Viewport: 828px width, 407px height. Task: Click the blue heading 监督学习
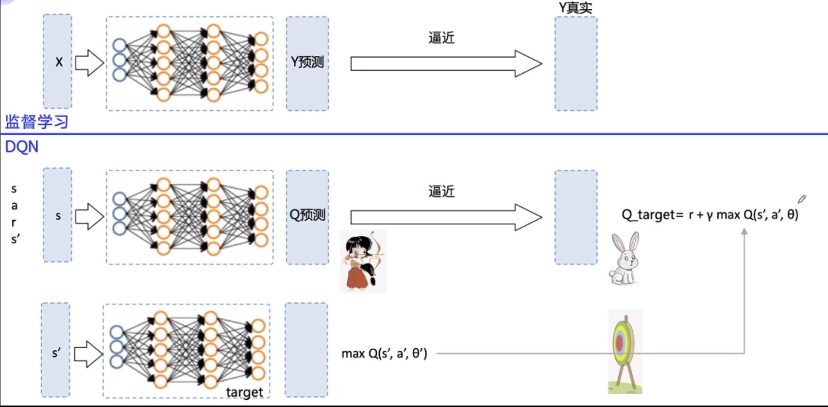pyautogui.click(x=36, y=121)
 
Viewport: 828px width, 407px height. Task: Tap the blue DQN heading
pyautogui.click(x=21, y=147)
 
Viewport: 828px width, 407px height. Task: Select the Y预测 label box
pyautogui.click(x=307, y=63)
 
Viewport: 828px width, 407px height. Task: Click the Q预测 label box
pyautogui.click(x=307, y=217)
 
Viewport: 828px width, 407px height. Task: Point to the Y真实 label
pyautogui.click(x=575, y=8)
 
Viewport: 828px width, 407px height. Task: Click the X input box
pyautogui.click(x=58, y=61)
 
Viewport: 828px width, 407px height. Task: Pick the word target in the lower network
pyautogui.click(x=244, y=392)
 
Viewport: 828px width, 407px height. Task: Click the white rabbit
pyautogui.click(x=624, y=258)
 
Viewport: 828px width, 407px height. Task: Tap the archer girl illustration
pyautogui.click(x=363, y=261)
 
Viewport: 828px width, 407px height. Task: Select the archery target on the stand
pyautogui.click(x=625, y=352)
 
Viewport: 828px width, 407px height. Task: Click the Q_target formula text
pyautogui.click(x=710, y=214)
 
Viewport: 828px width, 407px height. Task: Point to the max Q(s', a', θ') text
pyautogui.click(x=385, y=354)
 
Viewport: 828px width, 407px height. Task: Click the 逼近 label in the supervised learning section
pyautogui.click(x=441, y=38)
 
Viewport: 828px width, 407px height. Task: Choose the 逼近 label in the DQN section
pyautogui.click(x=441, y=191)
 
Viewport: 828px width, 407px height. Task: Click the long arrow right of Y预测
pyautogui.click(x=446, y=64)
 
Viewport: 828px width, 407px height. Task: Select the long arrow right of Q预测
pyautogui.click(x=446, y=217)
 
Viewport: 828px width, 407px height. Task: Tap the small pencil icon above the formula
pyautogui.click(x=801, y=199)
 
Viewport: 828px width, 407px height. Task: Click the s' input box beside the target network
pyautogui.click(x=55, y=350)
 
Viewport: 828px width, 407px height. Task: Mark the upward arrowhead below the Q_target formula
pyautogui.click(x=744, y=231)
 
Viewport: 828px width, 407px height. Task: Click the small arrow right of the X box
pyautogui.click(x=89, y=63)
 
